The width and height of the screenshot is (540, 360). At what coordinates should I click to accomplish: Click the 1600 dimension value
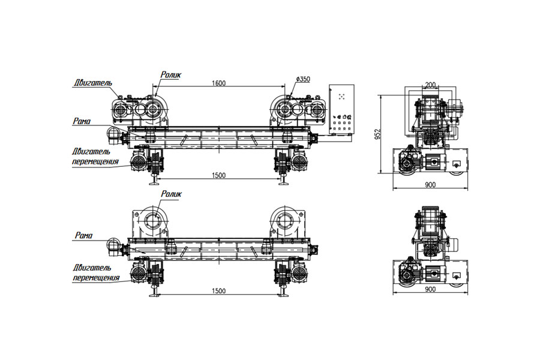pos(218,83)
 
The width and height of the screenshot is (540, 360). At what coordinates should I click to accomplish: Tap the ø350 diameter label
pos(303,79)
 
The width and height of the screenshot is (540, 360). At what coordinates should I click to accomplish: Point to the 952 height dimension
pos(378,134)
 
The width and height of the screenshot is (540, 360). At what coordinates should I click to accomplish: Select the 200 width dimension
pos(430,85)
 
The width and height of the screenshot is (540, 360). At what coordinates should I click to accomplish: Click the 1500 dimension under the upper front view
pos(218,175)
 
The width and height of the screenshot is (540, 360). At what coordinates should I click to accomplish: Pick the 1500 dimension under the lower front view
pos(218,291)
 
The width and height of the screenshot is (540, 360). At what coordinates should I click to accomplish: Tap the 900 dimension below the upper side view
pos(430,185)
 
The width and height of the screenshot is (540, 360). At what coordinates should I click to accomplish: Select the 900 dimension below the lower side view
pos(430,289)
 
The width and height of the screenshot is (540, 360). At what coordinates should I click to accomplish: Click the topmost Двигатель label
pos(92,83)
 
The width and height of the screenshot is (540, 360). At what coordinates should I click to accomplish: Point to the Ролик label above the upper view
pos(171,75)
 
